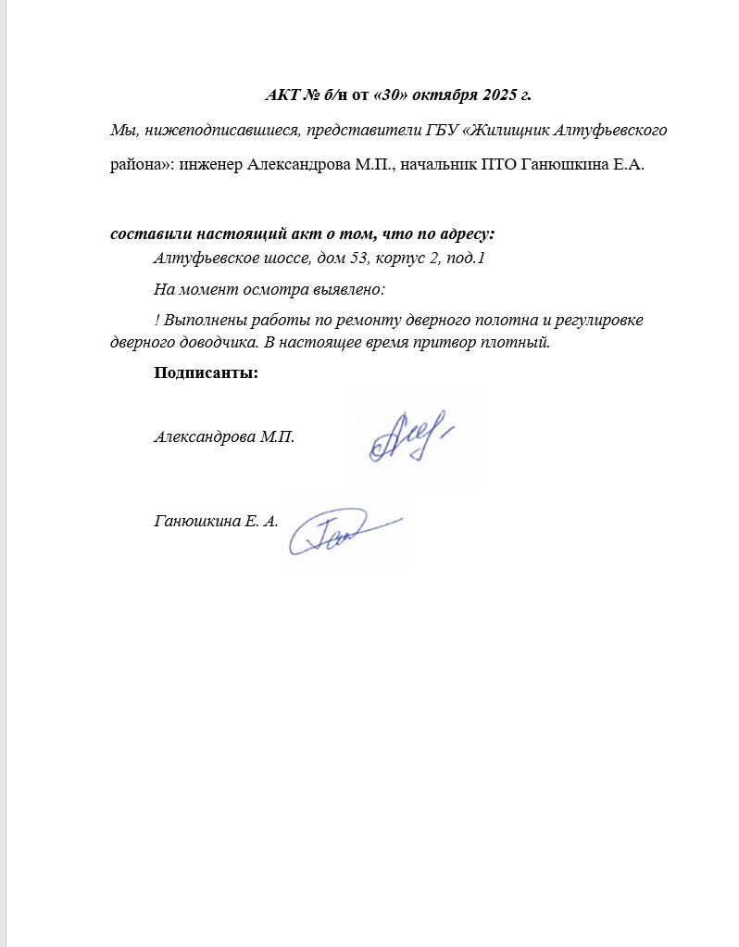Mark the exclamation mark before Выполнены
pyautogui.click(x=157, y=321)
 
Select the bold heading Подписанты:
pyautogui.click(x=206, y=373)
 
